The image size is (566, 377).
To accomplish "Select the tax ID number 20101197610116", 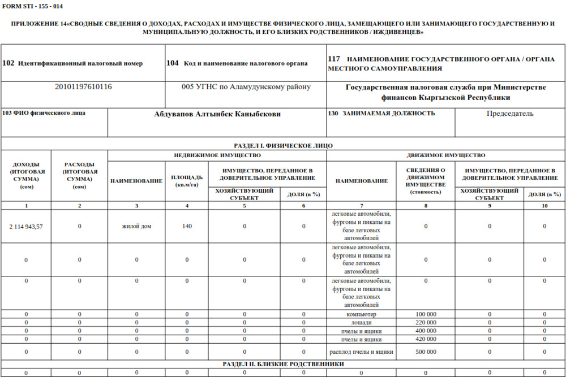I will pos(83,87).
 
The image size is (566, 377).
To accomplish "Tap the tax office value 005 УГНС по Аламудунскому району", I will pos(246,87).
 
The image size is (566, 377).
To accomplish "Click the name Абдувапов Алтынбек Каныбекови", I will pos(217,114).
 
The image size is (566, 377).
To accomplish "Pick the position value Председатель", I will pos(510,114).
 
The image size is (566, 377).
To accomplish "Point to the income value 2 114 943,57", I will pos(26,226).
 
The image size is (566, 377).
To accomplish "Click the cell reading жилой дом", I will pos(136,226).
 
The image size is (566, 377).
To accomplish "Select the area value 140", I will pos(187,226).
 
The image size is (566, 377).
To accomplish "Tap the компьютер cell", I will pos(361,314).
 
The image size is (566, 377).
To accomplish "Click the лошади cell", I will pos(361,323).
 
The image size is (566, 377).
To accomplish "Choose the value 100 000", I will pos(426,314).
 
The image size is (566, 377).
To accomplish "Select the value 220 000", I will pos(426,323).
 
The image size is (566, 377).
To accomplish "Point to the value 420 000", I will pos(426,339).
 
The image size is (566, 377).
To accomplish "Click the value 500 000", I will pos(426,352).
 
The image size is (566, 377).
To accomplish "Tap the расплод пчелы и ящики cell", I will pos(361,352).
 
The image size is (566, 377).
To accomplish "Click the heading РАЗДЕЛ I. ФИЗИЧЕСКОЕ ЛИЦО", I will pos(283,146).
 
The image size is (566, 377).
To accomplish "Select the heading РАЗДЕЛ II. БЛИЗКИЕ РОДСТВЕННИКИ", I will pos(283,365).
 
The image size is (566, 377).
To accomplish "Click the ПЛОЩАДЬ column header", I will pos(187,180).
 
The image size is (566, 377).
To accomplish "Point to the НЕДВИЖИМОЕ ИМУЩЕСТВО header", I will pos(217,155).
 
